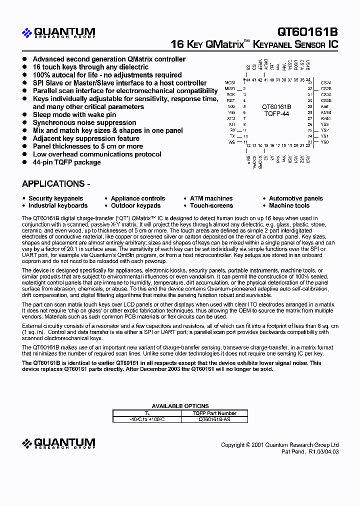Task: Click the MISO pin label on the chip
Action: pyautogui.click(x=230, y=88)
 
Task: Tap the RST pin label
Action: pyautogui.click(x=230, y=100)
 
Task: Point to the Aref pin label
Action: pyautogui.click(x=325, y=106)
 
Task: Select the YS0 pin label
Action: pyautogui.click(x=325, y=142)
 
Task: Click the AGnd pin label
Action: pyautogui.click(x=326, y=112)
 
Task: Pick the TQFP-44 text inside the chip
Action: pyautogui.click(x=276, y=113)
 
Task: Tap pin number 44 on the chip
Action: pyautogui.click(x=248, y=79)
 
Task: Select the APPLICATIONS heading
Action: pyautogui.click(x=56, y=183)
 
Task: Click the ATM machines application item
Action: pyautogui.click(x=211, y=198)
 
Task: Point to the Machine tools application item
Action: pyautogui.click(x=289, y=205)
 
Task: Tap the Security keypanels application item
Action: pyautogui.click(x=55, y=198)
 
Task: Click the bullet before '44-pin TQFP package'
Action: pyautogui.click(x=24, y=162)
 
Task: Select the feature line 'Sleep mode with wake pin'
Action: pyautogui.click(x=74, y=114)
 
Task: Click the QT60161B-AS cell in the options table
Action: pyautogui.click(x=214, y=419)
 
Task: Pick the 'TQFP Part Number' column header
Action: pyautogui.click(x=214, y=413)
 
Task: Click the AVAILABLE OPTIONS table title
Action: pyautogui.click(x=180, y=406)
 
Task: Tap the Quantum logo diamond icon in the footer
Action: pyautogui.click(x=27, y=443)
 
